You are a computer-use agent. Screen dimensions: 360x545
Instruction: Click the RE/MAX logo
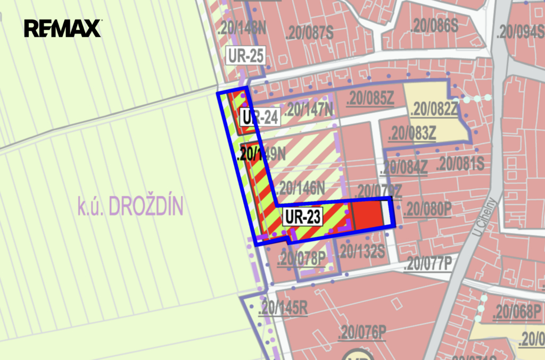point(62,28)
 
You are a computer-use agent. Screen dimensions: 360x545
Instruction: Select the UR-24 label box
point(260,117)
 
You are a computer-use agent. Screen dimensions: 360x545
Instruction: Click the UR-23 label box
point(302,216)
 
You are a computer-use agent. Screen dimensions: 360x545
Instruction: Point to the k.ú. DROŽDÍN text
point(130,206)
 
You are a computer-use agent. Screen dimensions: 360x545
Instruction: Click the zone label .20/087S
point(309,33)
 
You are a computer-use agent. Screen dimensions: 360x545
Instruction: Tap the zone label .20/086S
point(434,25)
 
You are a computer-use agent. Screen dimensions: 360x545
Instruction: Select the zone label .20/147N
point(309,110)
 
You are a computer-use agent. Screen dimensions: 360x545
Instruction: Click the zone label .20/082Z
point(434,109)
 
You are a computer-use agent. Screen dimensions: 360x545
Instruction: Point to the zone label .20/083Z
point(412,133)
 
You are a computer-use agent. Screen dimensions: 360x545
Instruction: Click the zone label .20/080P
point(427,208)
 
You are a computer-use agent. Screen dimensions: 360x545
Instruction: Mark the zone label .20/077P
point(428,263)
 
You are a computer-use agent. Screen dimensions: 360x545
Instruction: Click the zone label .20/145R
point(282,307)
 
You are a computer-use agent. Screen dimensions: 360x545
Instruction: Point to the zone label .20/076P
point(362,333)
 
